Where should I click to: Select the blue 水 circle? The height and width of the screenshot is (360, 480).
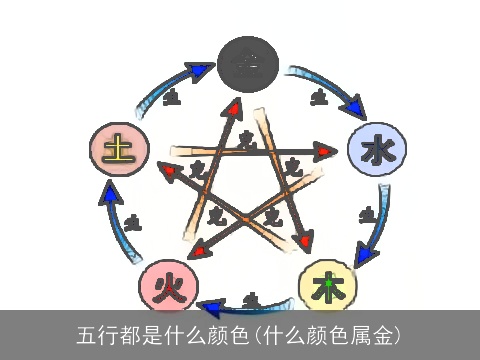coord(376,151)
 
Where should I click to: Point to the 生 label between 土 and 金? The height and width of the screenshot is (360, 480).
coord(172,97)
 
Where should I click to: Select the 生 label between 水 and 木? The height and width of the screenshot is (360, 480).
coord(367,213)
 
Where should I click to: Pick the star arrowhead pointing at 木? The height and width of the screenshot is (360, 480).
coord(304,242)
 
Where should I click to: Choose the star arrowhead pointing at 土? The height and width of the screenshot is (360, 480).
coord(169,170)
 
